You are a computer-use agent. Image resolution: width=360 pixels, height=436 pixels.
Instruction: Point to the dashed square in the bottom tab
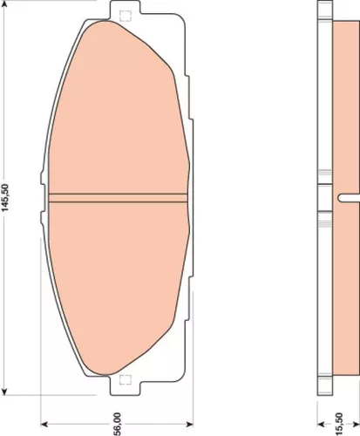click(x=123, y=379)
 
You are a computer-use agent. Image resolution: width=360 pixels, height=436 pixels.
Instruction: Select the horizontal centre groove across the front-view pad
click(x=118, y=196)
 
